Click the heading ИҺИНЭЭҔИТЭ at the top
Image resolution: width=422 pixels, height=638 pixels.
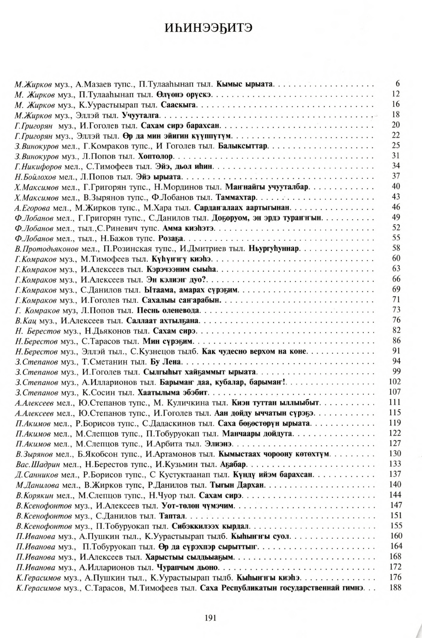point(211,29)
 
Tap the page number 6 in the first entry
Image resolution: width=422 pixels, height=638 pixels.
point(397,84)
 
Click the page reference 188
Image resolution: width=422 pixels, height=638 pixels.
point(395,587)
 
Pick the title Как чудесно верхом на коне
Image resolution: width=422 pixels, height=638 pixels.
point(255,351)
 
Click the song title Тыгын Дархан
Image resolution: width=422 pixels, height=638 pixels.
point(244,485)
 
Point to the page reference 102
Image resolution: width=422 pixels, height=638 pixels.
point(395,382)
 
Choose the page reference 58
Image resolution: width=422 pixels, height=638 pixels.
point(396,248)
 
